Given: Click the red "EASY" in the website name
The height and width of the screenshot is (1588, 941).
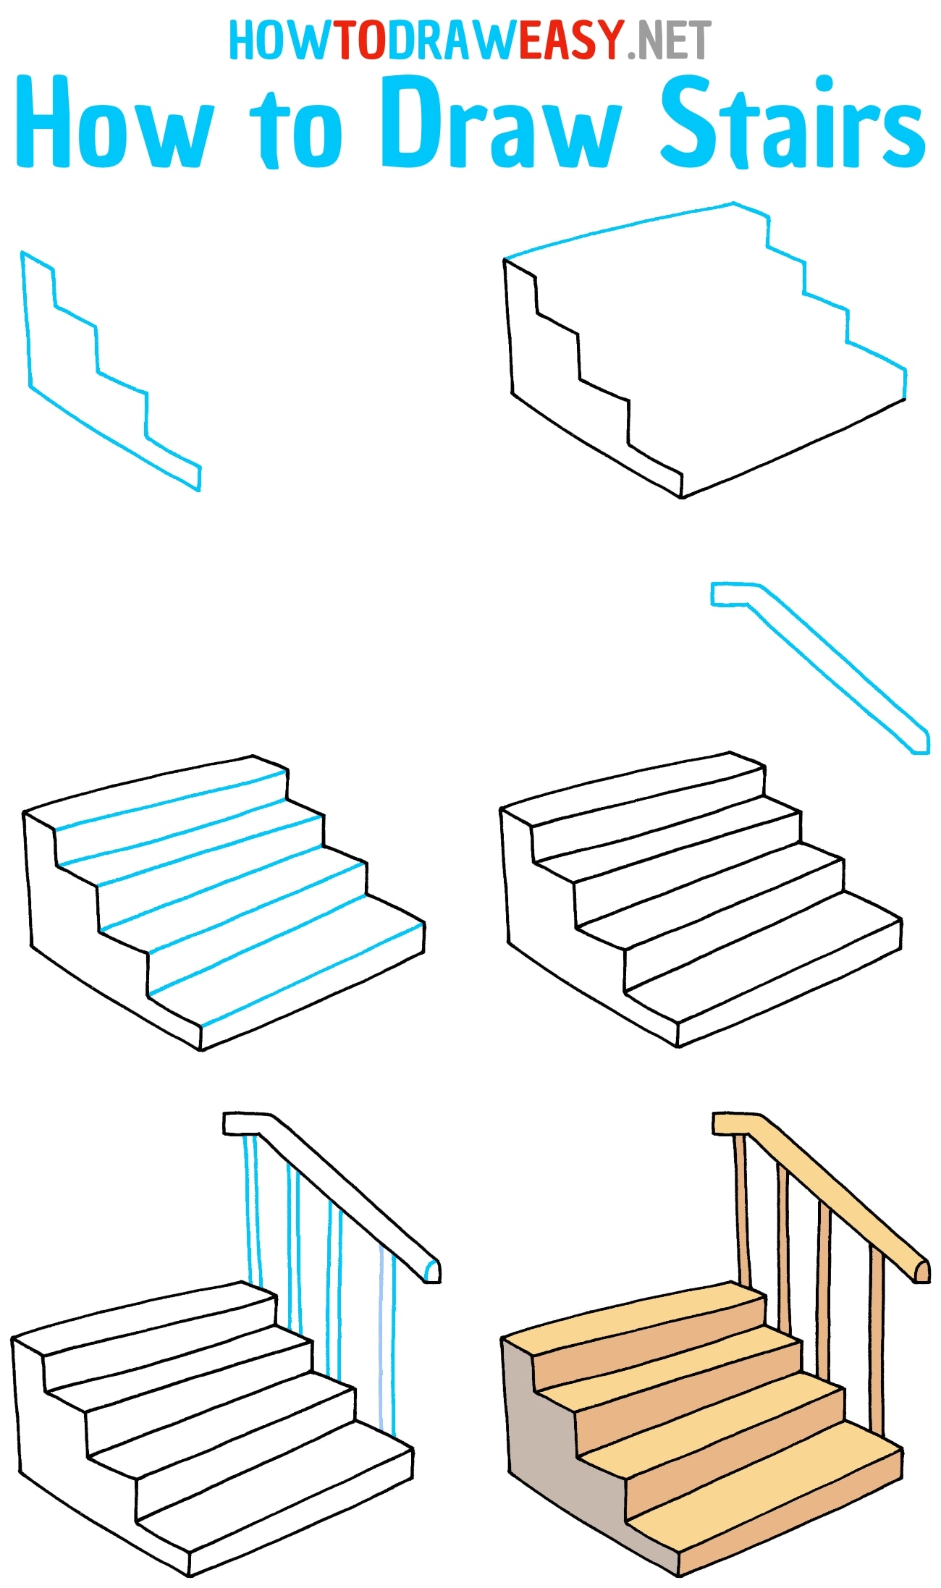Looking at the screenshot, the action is coord(570,41).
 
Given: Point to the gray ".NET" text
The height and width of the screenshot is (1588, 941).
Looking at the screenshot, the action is coord(670,41).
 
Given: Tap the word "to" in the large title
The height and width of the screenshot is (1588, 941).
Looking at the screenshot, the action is coord(297,130).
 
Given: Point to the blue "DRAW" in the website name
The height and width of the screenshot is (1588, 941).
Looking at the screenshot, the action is coord(453,41).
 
